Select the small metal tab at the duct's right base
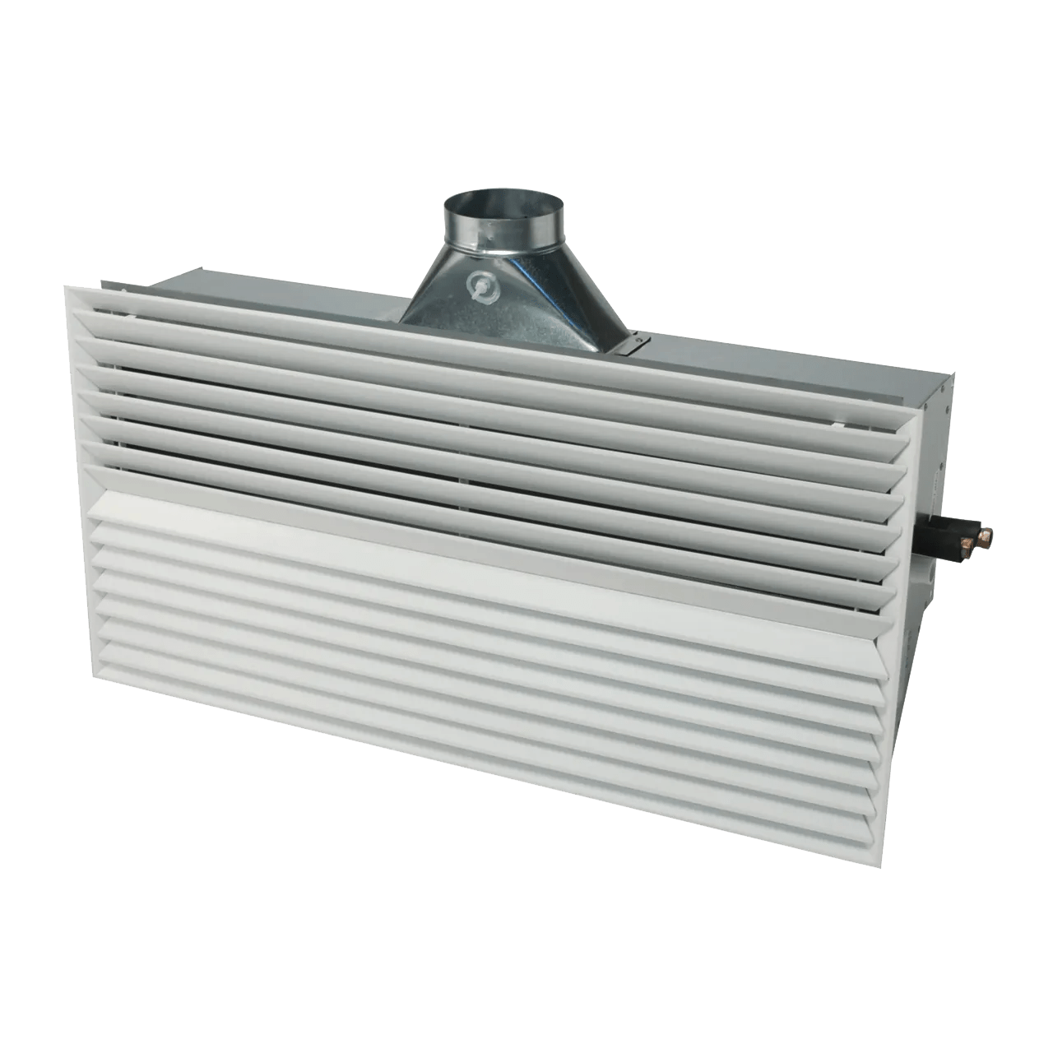pos(634,341)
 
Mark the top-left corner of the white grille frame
pos(66,285)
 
